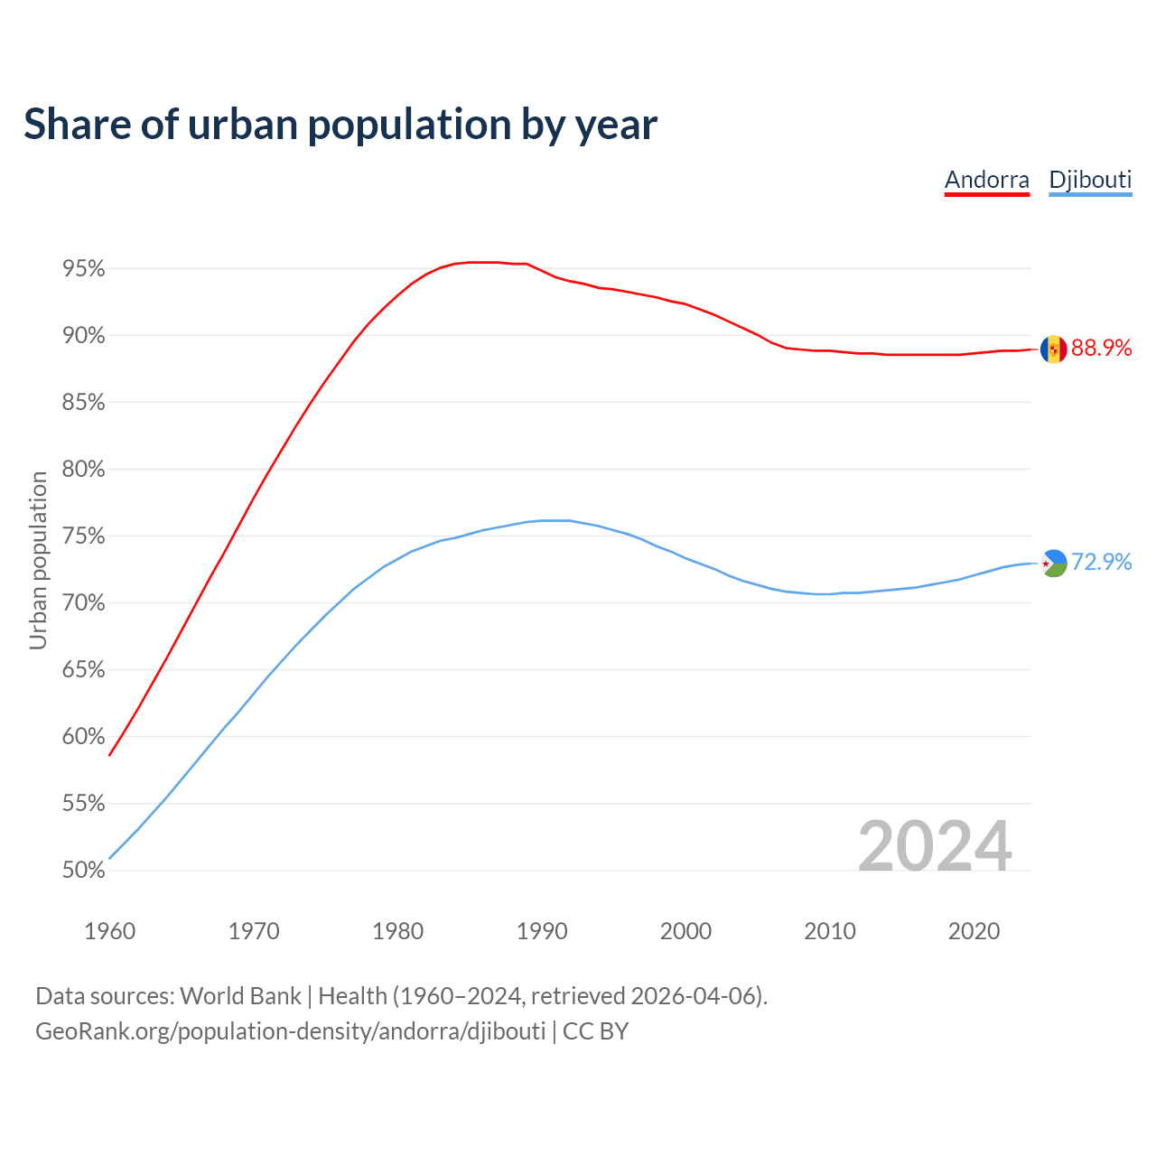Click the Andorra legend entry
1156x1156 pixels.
tap(986, 180)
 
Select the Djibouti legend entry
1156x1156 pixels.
tap(1090, 180)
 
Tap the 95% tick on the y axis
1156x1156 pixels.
tap(84, 269)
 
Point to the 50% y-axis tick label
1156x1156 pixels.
tap(84, 871)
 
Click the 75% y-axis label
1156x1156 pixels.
tap(84, 536)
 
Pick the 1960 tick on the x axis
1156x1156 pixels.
tap(109, 931)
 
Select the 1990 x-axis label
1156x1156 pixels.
tap(542, 931)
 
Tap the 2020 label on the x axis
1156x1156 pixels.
tap(974, 931)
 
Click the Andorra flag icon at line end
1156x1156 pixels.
tap(1053, 350)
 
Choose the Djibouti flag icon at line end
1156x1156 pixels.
tap(1053, 563)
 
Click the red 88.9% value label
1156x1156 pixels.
tap(1101, 349)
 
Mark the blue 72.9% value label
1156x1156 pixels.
tap(1101, 562)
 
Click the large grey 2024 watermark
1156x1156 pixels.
tap(935, 846)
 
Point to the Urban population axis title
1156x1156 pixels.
tap(38, 560)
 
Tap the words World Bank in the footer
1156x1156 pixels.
tap(240, 996)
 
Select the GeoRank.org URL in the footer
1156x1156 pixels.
tap(290, 1031)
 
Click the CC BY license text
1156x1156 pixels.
tap(595, 1031)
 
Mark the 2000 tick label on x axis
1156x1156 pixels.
tap(685, 931)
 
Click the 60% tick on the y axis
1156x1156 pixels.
tap(84, 737)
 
